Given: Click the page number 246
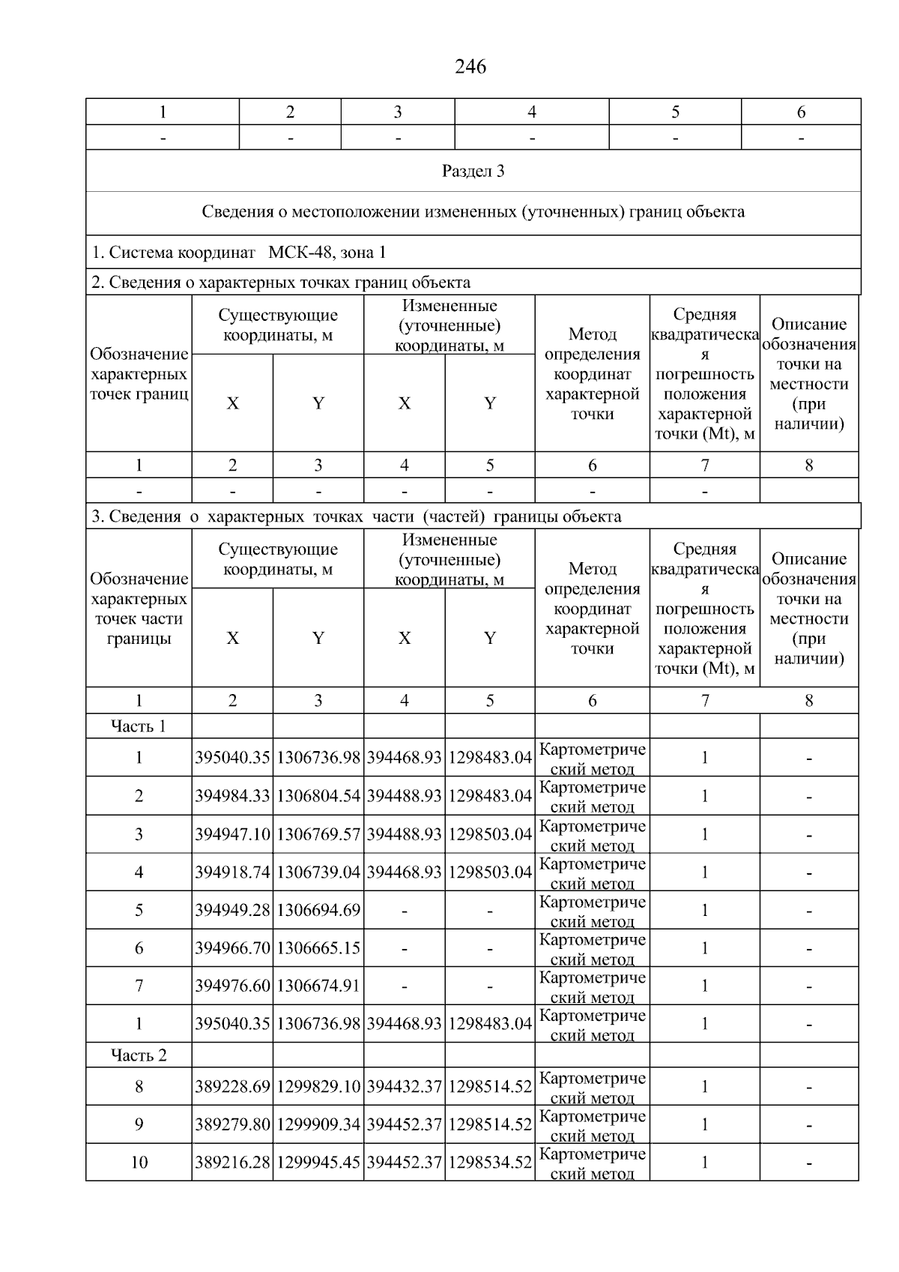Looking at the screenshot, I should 470,67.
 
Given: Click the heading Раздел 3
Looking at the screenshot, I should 473,171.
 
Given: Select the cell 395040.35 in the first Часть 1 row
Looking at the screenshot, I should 232,758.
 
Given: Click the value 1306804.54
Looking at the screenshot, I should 318,796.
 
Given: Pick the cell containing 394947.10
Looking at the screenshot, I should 232,834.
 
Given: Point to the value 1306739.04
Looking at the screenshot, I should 318,872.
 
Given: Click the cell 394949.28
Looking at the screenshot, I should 232,911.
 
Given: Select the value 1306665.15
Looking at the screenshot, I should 318,948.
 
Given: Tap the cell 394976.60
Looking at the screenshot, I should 232,986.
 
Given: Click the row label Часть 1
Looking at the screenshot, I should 139,726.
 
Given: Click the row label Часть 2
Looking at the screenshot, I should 139,1055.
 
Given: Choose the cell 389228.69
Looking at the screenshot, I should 232,1087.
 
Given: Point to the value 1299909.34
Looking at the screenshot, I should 318,1124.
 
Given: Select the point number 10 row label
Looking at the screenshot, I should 139,1163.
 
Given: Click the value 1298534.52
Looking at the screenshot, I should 490,1163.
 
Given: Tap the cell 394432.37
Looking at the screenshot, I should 405,1087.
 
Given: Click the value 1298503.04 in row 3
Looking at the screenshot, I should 490,834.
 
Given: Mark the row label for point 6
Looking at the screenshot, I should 139,948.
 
